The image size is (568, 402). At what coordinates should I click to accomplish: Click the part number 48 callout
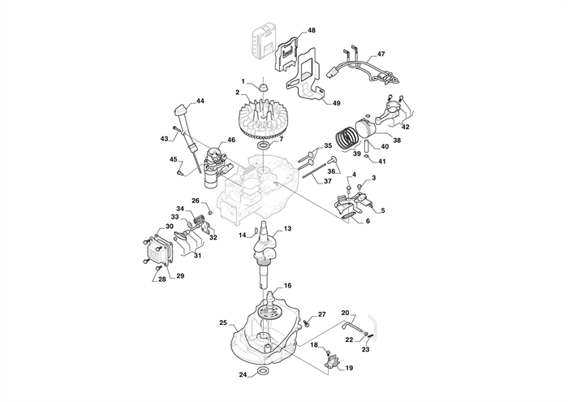click(312, 30)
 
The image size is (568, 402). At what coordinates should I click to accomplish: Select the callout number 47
click(381, 54)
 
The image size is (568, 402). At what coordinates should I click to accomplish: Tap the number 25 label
click(223, 322)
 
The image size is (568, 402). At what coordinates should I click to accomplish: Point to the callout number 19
click(349, 368)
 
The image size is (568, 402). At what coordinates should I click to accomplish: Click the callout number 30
click(170, 227)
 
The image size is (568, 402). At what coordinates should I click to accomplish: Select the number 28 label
click(161, 279)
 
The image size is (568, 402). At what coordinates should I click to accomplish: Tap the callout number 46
click(232, 140)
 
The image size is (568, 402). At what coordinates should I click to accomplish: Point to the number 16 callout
click(287, 286)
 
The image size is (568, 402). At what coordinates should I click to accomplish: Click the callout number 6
click(367, 221)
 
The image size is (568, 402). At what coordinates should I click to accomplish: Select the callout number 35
click(329, 146)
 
